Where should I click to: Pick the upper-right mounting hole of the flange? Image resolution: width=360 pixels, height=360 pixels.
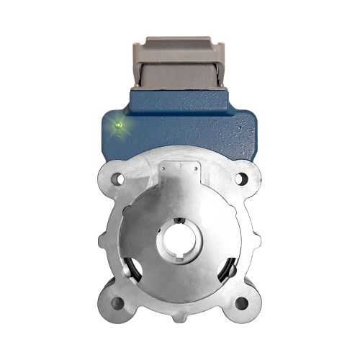pyautogui.click(x=241, y=177)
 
